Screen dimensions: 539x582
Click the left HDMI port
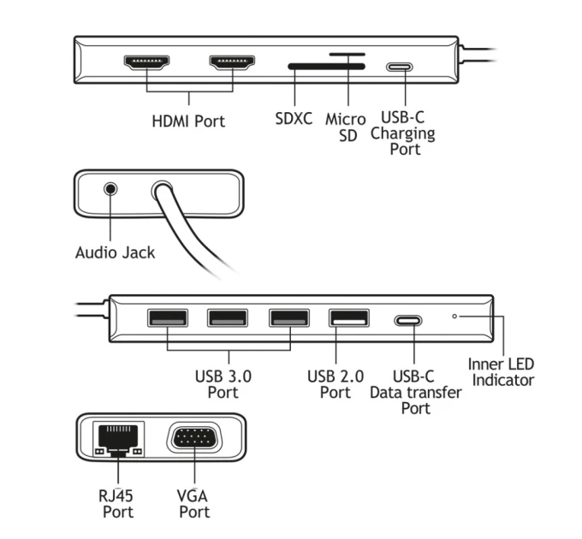(147, 63)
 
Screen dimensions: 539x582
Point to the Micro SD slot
(347, 54)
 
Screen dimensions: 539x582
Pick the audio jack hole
(110, 190)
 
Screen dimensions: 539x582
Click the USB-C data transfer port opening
(407, 322)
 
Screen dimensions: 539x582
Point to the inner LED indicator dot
(454, 316)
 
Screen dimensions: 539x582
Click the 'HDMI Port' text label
(188, 121)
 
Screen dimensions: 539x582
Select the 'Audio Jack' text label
(115, 252)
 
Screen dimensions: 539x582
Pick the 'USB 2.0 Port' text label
(336, 384)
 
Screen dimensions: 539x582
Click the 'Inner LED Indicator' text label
(501, 372)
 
